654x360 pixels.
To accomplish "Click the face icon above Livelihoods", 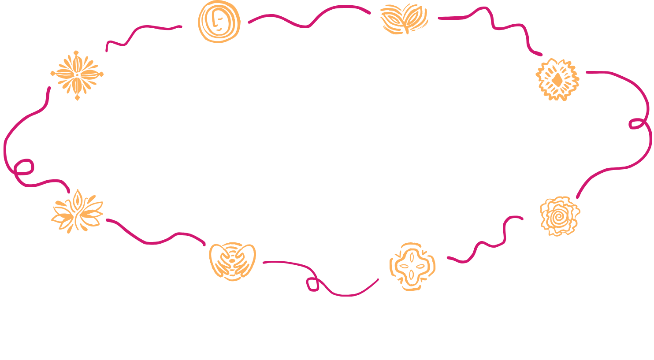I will pos(219,22).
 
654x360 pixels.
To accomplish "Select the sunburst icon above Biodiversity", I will pos(557,80).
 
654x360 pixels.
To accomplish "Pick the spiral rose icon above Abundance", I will pos(560,216).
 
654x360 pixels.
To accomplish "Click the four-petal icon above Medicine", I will pos(412,266).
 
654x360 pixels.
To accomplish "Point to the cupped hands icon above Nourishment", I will pos(232,260).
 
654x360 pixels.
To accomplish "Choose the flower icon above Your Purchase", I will pos(77,75).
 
